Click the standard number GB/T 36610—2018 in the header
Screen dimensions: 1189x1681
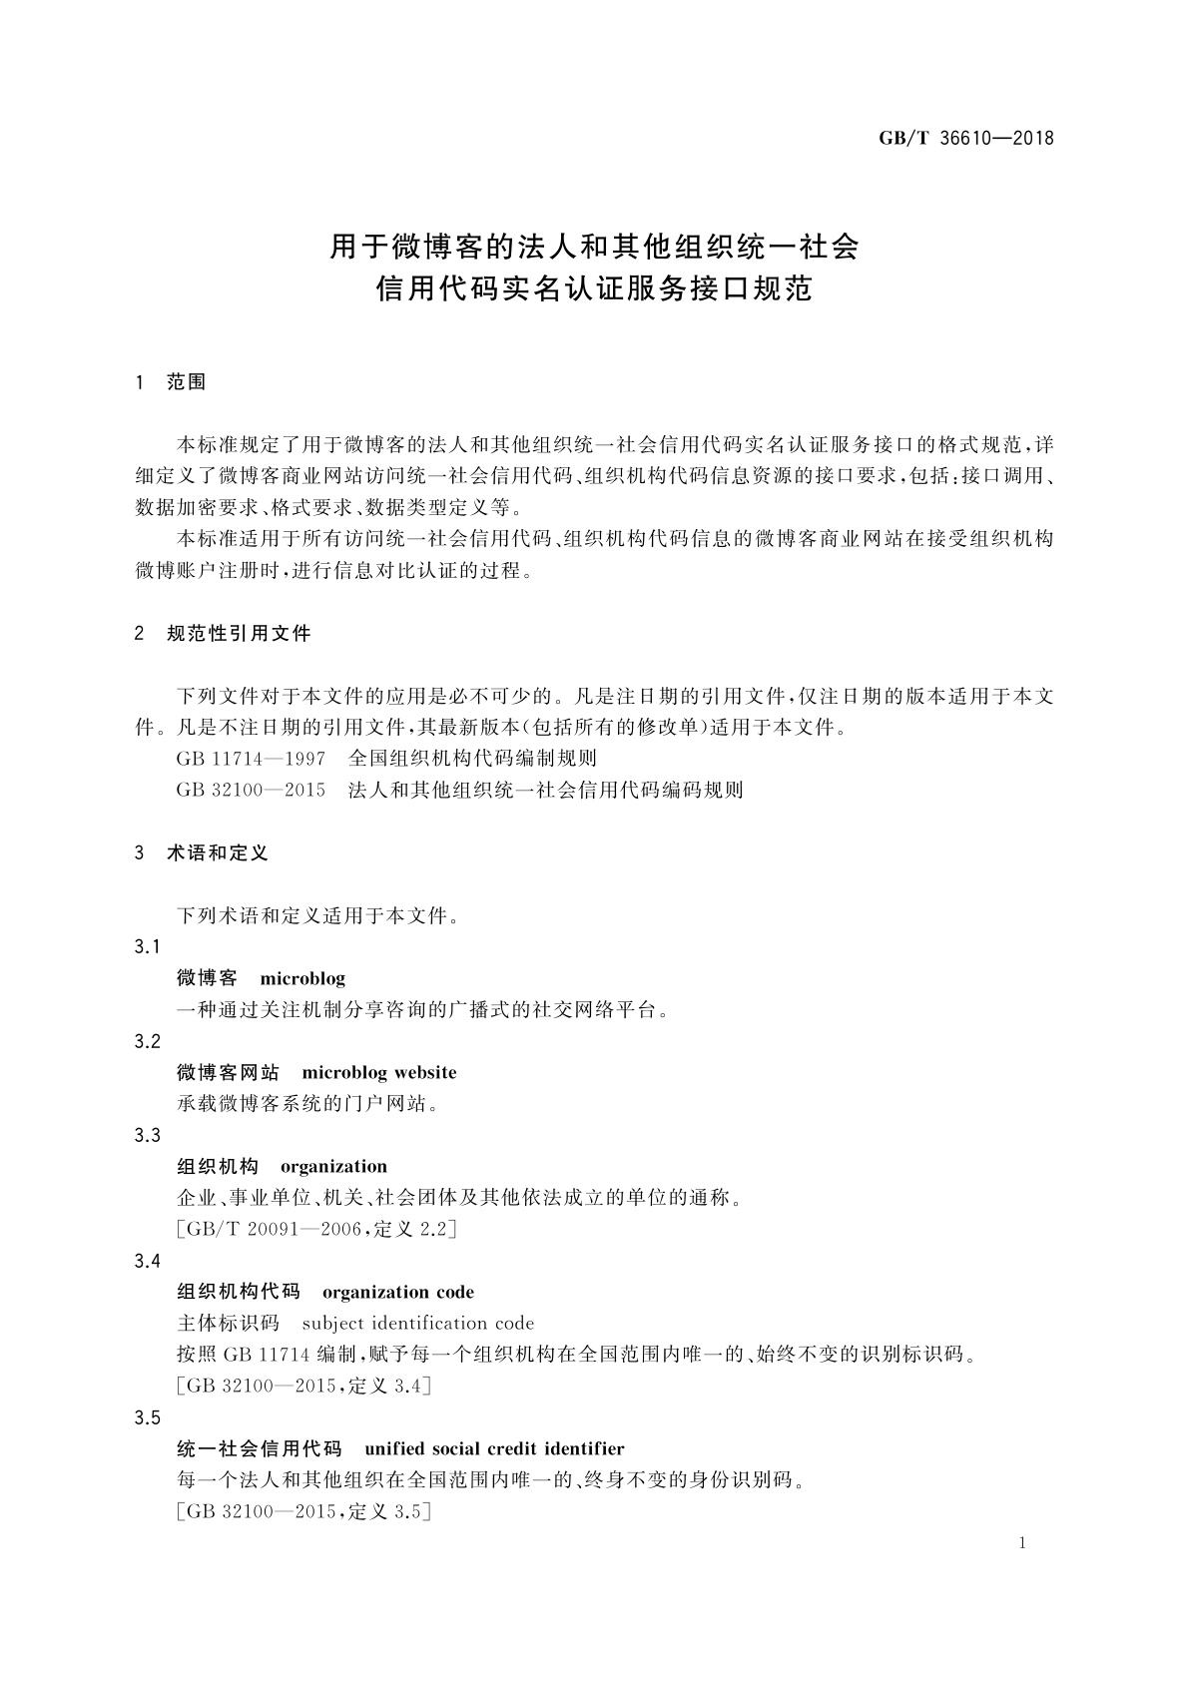click(x=965, y=139)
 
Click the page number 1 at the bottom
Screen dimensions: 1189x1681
click(x=1021, y=1543)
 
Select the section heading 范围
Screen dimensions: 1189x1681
click(x=187, y=382)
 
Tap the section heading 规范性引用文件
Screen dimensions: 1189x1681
click(x=239, y=634)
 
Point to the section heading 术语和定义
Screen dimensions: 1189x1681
click(x=218, y=853)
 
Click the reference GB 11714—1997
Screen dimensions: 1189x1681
click(x=251, y=759)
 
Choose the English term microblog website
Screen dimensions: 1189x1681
click(x=378, y=1073)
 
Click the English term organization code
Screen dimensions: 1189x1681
click(x=397, y=1293)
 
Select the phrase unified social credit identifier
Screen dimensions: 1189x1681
click(x=494, y=1449)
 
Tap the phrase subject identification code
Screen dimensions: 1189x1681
click(x=417, y=1324)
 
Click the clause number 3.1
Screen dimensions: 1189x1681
click(x=147, y=946)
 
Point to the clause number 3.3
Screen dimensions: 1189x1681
click(x=147, y=1136)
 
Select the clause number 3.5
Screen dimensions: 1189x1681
click(x=147, y=1418)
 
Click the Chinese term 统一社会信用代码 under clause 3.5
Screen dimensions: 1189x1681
click(x=259, y=1449)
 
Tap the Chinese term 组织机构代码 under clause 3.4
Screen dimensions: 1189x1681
click(x=238, y=1293)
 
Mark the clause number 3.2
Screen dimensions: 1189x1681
click(x=147, y=1042)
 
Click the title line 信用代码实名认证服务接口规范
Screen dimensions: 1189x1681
click(x=594, y=290)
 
